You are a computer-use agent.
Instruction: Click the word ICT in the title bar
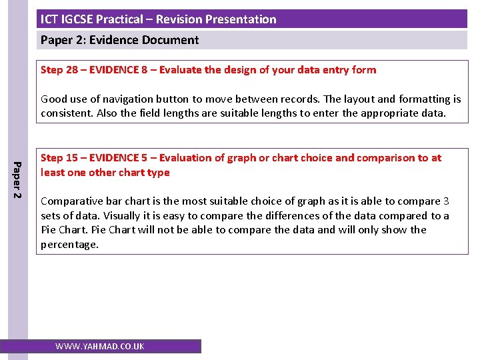coord(49,19)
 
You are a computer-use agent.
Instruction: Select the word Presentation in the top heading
coord(243,19)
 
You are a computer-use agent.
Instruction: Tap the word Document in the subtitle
coord(171,40)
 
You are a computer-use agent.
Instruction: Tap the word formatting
coord(423,99)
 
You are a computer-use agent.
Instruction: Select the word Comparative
coord(70,201)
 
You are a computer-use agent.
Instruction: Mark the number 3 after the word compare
coord(446,201)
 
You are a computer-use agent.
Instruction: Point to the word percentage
coord(69,245)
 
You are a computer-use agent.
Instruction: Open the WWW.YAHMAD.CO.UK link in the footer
coord(100,347)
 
